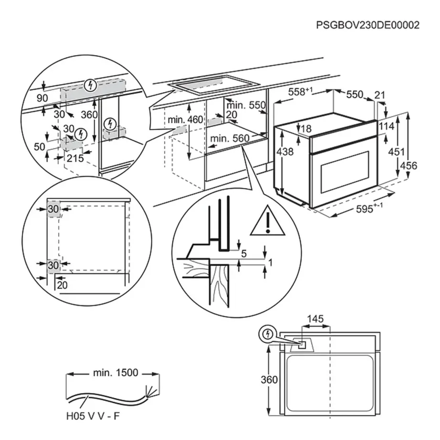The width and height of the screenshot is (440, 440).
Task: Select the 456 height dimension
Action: pos(408,166)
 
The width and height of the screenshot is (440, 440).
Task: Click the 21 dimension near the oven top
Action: pos(379,95)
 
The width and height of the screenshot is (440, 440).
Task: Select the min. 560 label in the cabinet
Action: pos(230,138)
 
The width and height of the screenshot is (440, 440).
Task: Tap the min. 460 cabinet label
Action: pos(185,119)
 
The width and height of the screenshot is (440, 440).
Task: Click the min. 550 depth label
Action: pos(246,105)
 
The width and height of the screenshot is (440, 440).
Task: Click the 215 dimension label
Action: pos(75,158)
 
